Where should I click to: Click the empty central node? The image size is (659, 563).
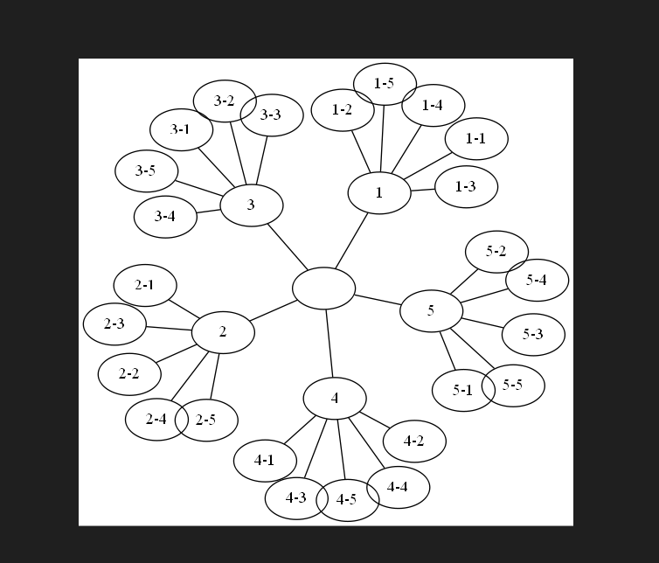[323, 288]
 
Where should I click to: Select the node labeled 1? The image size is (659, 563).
[379, 193]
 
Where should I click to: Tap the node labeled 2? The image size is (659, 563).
[223, 332]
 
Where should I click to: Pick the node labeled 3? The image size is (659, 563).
[252, 205]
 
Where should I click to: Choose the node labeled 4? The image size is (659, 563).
[335, 399]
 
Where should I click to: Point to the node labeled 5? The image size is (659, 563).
[431, 311]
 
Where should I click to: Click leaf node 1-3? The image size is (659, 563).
[466, 187]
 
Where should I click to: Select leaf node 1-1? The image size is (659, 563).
[476, 139]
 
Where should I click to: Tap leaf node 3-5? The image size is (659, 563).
[146, 171]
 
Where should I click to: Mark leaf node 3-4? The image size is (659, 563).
[165, 217]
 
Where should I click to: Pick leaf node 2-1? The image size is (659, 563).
[145, 285]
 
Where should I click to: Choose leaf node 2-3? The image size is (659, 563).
[114, 324]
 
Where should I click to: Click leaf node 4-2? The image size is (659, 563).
[414, 441]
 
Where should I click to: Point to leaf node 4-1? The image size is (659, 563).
[264, 460]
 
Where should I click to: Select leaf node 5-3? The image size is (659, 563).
[533, 335]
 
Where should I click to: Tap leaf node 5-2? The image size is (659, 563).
[496, 253]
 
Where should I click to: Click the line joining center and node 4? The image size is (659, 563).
[329, 344]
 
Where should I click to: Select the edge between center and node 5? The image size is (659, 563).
[378, 300]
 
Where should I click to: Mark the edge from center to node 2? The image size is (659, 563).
[274, 310]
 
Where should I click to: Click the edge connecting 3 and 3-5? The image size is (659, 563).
[200, 189]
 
